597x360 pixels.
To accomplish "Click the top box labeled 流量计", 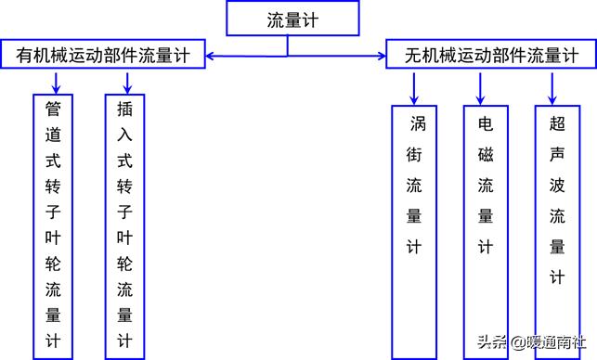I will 292,19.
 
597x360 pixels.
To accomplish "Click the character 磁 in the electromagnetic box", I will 485,154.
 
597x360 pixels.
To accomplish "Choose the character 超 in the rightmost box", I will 556,124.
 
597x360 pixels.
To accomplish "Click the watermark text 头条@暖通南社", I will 531,341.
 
